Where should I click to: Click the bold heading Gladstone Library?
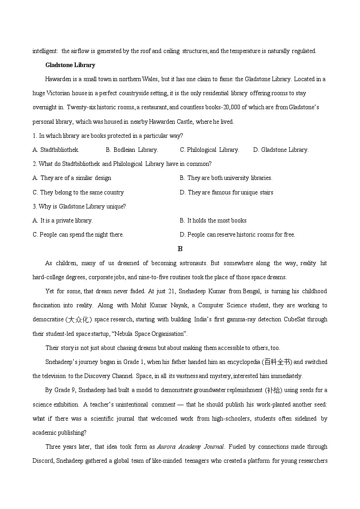tap(70, 65)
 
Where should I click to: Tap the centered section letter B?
tap(180, 249)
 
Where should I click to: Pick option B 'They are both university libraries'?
tap(226, 178)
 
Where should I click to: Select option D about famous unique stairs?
tap(226, 192)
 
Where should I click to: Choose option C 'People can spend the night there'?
tap(78, 235)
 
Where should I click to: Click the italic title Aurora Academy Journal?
tap(190, 447)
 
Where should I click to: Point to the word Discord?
tap(43, 461)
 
